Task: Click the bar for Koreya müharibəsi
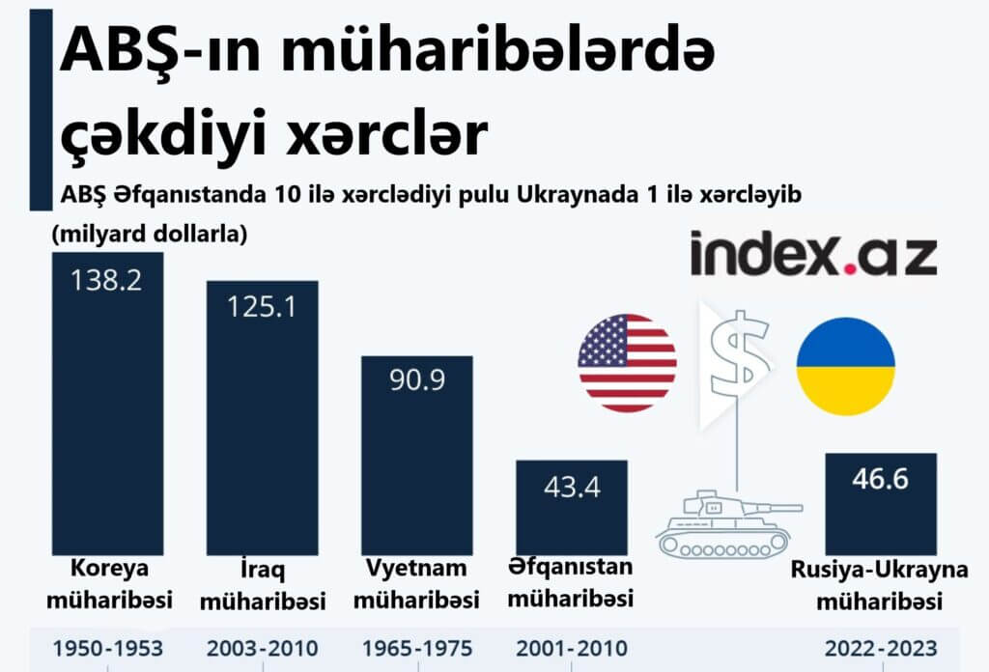[x=107, y=425]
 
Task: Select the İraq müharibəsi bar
[x=263, y=434]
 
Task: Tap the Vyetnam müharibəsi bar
[x=416, y=463]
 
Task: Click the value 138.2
[x=107, y=280]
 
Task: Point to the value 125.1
[x=263, y=307]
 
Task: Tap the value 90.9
[x=416, y=380]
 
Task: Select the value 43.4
[x=572, y=486]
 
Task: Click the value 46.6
[x=880, y=479]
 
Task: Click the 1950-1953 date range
[x=107, y=648]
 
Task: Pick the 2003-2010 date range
[x=263, y=648]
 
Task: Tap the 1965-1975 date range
[x=416, y=648]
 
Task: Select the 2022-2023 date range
[x=880, y=648]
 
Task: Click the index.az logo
[x=813, y=254]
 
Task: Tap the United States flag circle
[x=627, y=363]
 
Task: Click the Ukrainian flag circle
[x=845, y=367]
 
